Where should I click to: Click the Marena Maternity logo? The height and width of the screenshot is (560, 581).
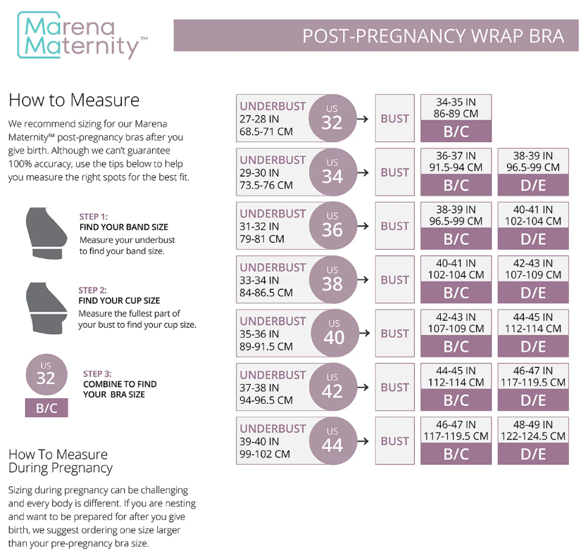(82, 35)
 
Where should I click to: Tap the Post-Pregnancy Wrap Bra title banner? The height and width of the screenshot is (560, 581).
(370, 36)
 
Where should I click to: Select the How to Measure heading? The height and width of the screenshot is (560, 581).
(74, 100)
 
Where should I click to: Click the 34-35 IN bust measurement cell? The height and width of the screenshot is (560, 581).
(456, 107)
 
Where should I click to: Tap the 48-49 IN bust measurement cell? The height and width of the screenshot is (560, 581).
(533, 430)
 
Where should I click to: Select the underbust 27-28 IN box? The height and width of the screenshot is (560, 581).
(273, 118)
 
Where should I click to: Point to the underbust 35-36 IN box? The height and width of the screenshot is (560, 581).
(273, 333)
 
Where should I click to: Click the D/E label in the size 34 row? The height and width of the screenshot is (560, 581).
(533, 186)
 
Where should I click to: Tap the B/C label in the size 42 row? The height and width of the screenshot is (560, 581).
(456, 400)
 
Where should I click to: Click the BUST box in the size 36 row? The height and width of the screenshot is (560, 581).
(394, 226)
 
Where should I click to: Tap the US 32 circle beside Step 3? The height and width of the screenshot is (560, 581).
(46, 374)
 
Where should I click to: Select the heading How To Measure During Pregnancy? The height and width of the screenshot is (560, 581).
(60, 461)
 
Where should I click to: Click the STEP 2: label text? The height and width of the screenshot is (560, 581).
(92, 290)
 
